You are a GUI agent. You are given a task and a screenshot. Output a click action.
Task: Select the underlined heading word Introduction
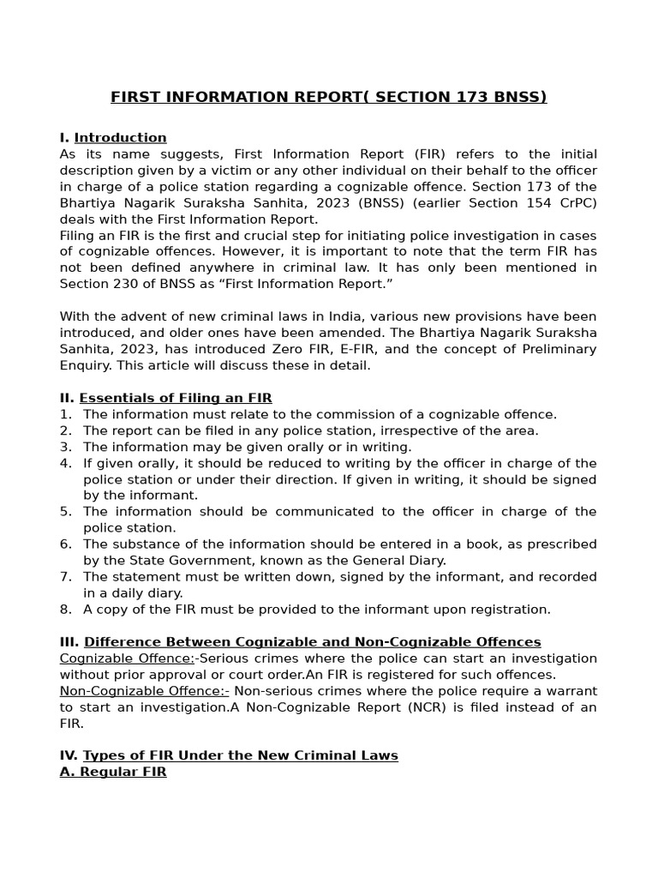point(120,138)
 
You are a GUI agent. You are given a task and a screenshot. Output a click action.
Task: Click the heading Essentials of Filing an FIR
point(176,398)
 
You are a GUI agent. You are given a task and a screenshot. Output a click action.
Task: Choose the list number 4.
point(65,463)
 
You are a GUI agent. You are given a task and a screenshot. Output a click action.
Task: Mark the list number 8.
point(65,610)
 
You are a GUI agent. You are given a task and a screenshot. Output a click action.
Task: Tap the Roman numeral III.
point(69,642)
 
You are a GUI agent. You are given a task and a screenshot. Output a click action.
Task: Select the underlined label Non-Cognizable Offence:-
point(144,691)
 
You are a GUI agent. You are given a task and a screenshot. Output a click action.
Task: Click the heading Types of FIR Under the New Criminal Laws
point(241,755)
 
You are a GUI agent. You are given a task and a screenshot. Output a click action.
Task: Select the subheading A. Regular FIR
point(113,772)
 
